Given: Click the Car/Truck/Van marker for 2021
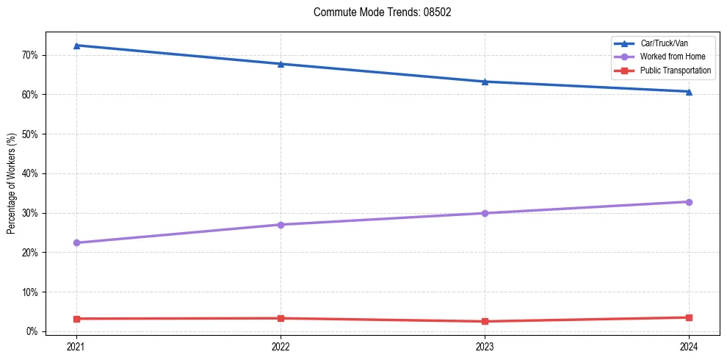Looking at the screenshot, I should [76, 46].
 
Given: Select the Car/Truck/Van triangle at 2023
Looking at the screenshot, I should [485, 82].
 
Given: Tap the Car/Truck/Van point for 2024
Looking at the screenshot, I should [689, 92].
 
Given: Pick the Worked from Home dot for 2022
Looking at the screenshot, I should [281, 224].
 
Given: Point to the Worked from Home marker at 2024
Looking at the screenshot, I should [689, 202].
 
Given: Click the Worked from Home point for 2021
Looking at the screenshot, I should [76, 242].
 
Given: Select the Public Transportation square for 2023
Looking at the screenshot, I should [485, 321].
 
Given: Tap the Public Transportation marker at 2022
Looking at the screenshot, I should [281, 318].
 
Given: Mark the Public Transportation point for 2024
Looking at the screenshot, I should [689, 317].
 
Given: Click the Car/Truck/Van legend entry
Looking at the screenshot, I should [664, 43].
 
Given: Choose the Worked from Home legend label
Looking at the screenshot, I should [672, 57].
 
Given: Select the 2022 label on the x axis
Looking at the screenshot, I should [281, 345].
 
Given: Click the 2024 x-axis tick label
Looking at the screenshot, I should [689, 345].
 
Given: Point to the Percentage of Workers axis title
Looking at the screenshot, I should [12, 184].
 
